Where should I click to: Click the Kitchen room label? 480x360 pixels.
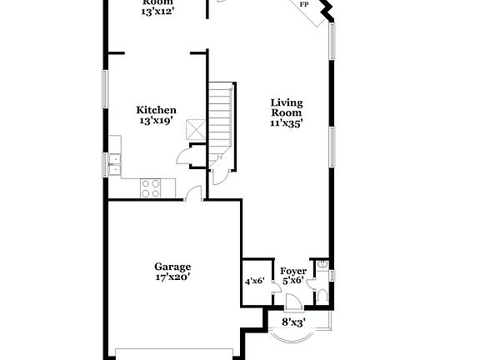[157, 110]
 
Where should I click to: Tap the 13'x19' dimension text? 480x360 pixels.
[157, 121]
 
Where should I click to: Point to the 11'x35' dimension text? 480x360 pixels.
[286, 122]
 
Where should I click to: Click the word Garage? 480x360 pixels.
[172, 267]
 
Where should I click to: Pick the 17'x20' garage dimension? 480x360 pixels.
[172, 277]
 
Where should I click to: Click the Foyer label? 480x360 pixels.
[292, 271]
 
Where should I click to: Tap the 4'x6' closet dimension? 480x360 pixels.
[253, 282]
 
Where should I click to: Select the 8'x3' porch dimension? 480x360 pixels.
[292, 321]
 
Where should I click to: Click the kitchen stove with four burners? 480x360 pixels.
[151, 188]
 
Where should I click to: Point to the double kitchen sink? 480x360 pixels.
[113, 164]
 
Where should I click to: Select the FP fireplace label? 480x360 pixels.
[303, 5]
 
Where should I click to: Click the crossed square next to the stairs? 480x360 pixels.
[196, 131]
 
